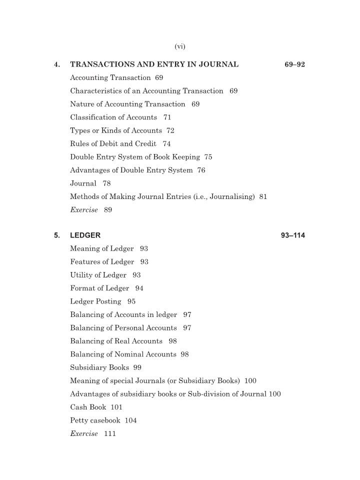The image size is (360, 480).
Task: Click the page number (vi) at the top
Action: pyautogui.click(x=180, y=46)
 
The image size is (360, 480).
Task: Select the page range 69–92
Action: pyautogui.click(x=294, y=64)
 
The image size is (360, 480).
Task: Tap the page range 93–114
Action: pyautogui.click(x=293, y=235)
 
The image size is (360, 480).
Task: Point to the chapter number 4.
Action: pyautogui.click(x=57, y=64)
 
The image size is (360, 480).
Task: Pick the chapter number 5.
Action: pyautogui.click(x=57, y=235)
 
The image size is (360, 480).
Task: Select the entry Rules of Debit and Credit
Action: pyautogui.click(x=113, y=144)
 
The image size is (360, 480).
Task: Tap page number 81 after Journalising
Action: pyautogui.click(x=263, y=197)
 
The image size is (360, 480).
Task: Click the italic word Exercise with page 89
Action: pyautogui.click(x=84, y=210)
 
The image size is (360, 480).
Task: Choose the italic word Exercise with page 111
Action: pyautogui.click(x=84, y=434)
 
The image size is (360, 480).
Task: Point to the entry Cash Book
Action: pyautogui.click(x=88, y=407)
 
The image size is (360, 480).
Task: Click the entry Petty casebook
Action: pyautogui.click(x=95, y=420)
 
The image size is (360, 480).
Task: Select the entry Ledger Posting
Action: pyautogui.click(x=95, y=301)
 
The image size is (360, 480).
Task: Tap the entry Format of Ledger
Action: pyautogui.click(x=99, y=288)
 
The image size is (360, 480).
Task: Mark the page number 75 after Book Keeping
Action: pyautogui.click(x=208, y=157)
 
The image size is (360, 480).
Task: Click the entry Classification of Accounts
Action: pyautogui.click(x=113, y=117)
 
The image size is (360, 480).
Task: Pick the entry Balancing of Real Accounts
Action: pyautogui.click(x=116, y=341)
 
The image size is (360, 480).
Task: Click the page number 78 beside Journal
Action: pyautogui.click(x=107, y=183)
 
